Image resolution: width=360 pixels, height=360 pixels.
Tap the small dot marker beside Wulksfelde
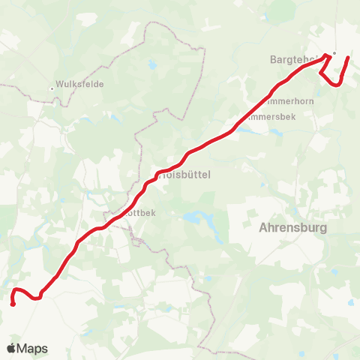tap(52, 88)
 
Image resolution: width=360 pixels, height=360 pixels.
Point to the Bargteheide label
tap(297, 58)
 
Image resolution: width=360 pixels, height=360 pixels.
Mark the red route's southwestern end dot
tap(13, 304)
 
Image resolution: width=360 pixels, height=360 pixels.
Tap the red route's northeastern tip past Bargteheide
tap(347, 58)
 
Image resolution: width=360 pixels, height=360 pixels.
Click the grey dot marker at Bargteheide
tap(334, 53)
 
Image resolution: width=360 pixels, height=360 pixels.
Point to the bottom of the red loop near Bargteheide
tap(334, 85)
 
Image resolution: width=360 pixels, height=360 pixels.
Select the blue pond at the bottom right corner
tap(351, 304)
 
